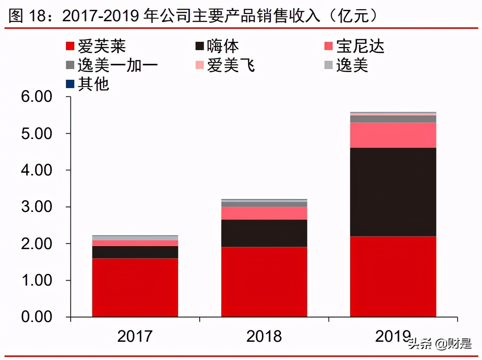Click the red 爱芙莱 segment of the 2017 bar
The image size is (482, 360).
135,287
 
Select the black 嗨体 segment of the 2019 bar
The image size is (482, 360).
393,192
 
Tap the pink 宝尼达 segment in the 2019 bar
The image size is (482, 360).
393,135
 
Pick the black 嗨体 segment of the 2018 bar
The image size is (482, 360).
264,233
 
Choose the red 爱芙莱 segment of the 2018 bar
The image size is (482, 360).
264,282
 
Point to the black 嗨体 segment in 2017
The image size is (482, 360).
135,252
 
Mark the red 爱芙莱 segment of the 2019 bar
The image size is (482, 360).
393,276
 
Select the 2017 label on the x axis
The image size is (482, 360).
135,336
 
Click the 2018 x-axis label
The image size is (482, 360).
264,336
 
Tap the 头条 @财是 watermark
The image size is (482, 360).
440,344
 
